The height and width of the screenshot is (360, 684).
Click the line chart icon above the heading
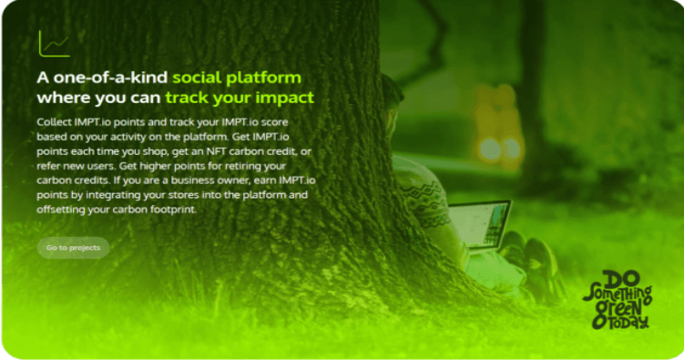[x=54, y=44]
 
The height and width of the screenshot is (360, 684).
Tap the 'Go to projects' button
[x=73, y=247]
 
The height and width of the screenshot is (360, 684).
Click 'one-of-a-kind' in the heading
[x=110, y=77]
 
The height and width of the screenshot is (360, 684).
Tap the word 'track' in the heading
[x=187, y=98]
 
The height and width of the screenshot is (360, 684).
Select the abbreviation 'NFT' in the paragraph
[x=217, y=151]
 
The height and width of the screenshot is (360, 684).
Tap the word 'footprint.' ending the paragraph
[x=174, y=210]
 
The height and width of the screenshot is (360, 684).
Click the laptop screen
[x=480, y=223]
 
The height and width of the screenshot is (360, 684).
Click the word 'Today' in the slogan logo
[x=628, y=323]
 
